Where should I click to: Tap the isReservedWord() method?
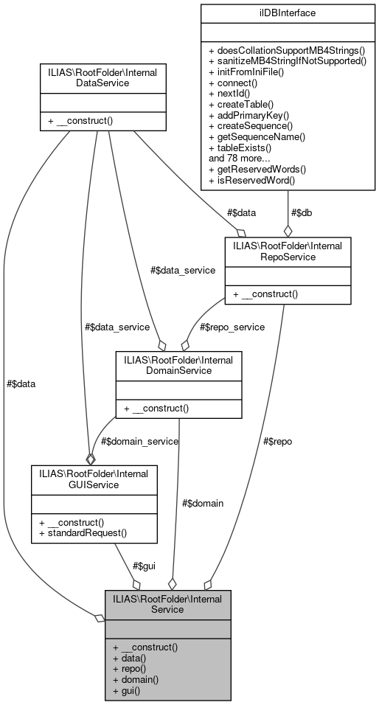pyautogui.click(x=252, y=180)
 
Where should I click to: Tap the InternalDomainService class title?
pyautogui.click(x=179, y=364)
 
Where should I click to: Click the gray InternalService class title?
pyautogui.click(x=167, y=604)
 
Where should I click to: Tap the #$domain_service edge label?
pyautogui.click(x=140, y=440)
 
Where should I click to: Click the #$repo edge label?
pyautogui.click(x=278, y=441)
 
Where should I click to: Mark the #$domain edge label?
pyautogui.click(x=202, y=503)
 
